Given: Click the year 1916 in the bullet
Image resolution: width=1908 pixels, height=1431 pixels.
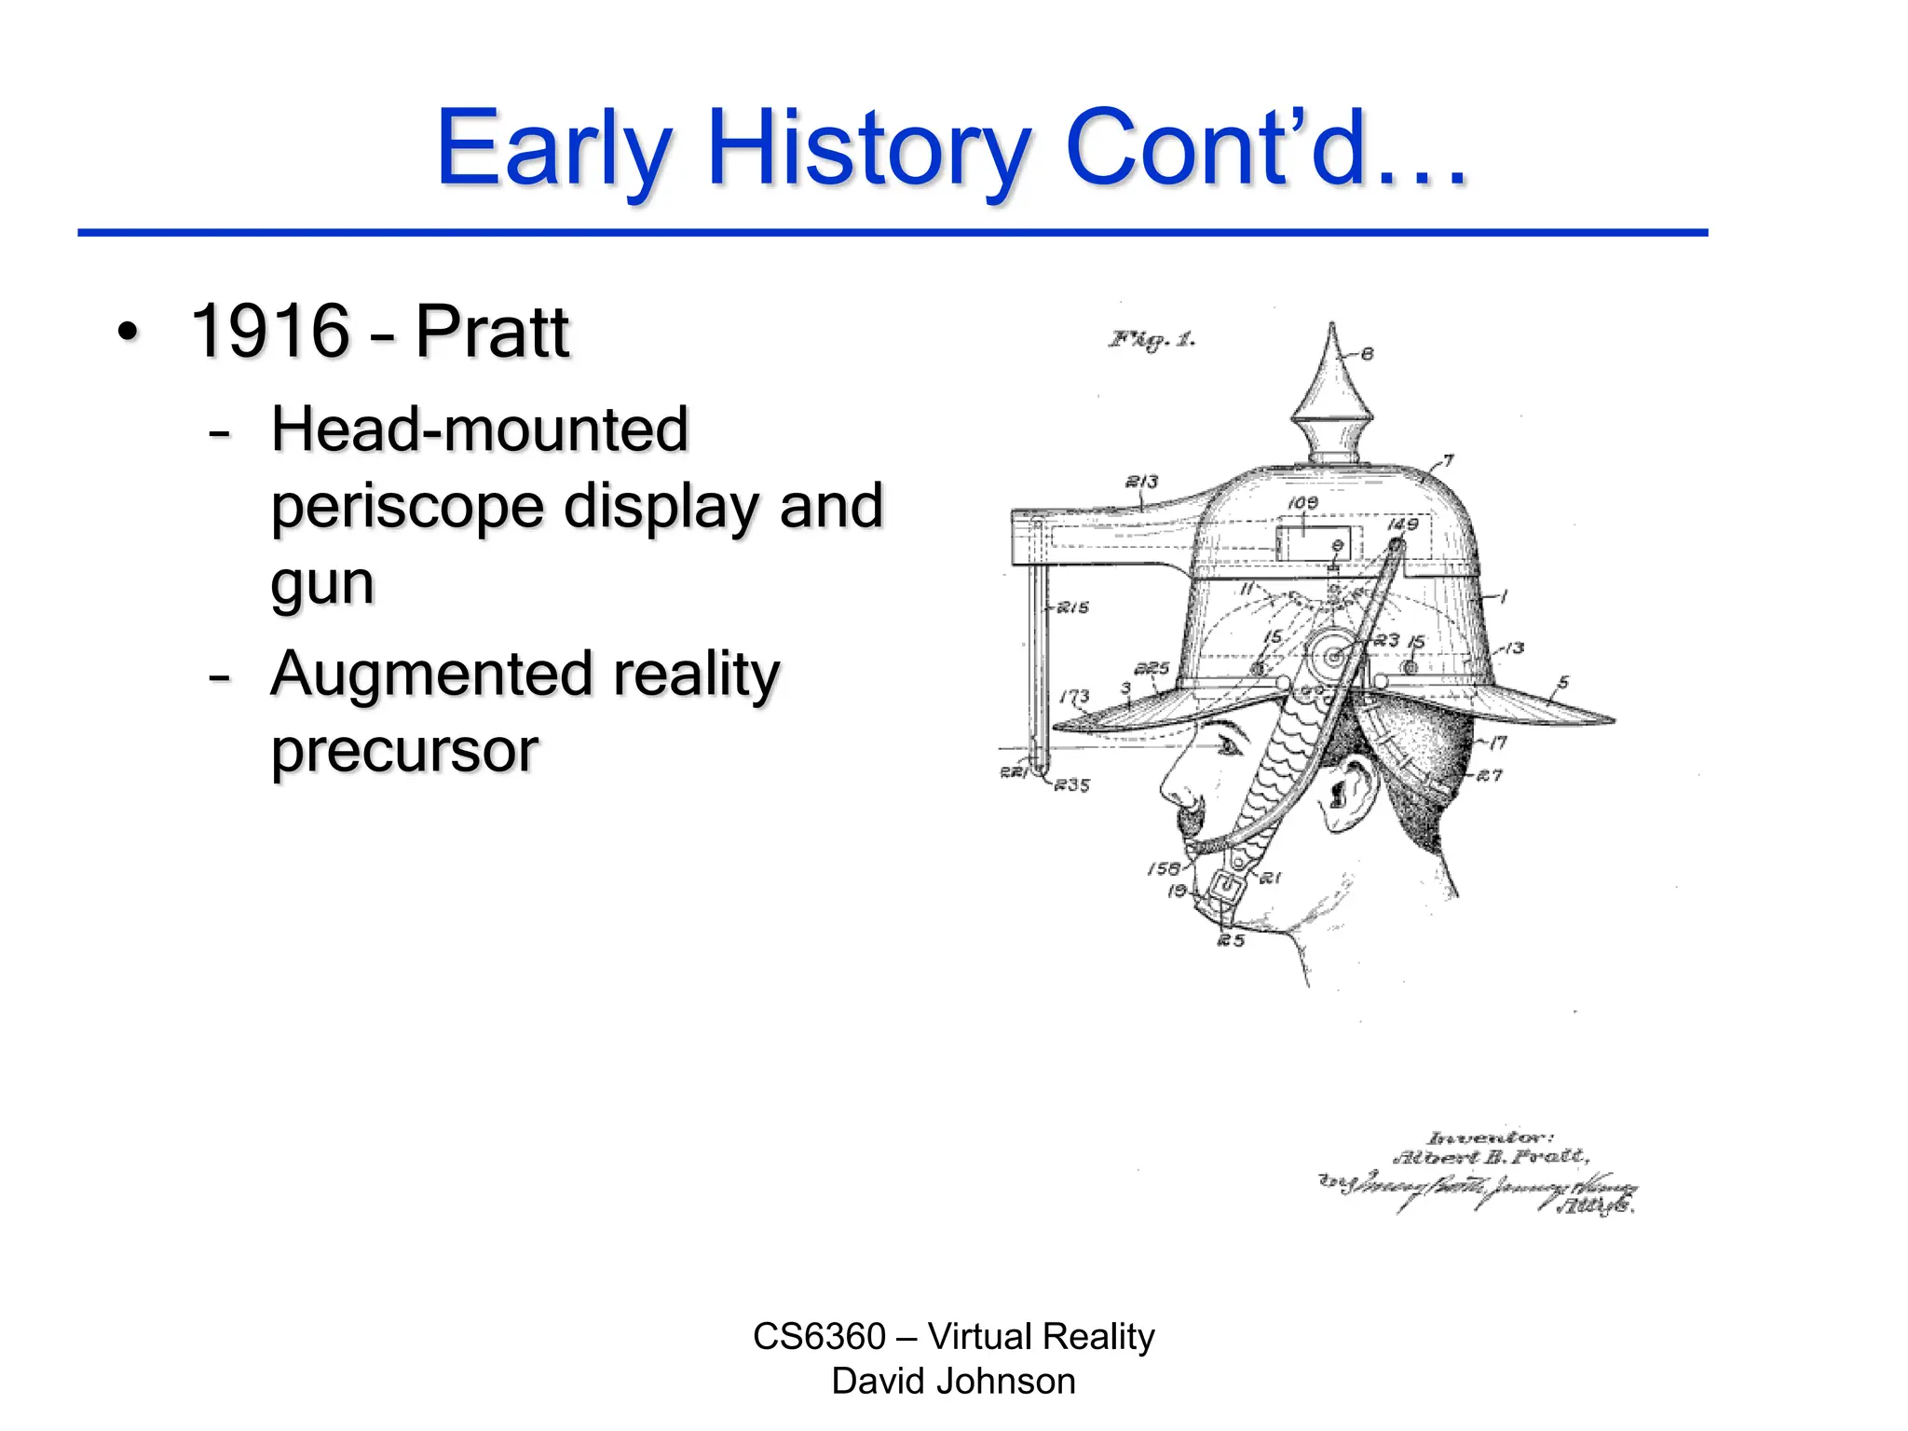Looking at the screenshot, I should pyautogui.click(x=269, y=332).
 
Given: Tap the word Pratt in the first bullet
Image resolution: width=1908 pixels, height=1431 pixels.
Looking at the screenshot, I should pyautogui.click(x=491, y=332).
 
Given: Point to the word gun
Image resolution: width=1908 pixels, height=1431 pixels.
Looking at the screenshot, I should pyautogui.click(x=322, y=585).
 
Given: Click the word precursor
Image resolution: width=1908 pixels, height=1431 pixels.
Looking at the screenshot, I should pyautogui.click(x=404, y=751).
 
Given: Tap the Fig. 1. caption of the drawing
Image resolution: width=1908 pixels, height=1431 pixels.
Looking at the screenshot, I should pyautogui.click(x=1152, y=340).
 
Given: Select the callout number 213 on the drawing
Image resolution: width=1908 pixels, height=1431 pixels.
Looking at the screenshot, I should pyautogui.click(x=1141, y=482).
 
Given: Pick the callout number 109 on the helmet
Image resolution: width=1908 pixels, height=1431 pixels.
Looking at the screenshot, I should pyautogui.click(x=1302, y=503).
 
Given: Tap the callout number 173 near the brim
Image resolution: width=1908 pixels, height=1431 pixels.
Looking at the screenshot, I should pyautogui.click(x=1073, y=696).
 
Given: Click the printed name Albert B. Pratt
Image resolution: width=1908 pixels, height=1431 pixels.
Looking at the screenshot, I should pyautogui.click(x=1490, y=1158).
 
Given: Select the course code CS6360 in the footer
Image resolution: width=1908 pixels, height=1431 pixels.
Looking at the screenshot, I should pyautogui.click(x=819, y=1337).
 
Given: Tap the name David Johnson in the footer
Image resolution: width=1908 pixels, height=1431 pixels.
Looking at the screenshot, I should pyautogui.click(x=953, y=1382).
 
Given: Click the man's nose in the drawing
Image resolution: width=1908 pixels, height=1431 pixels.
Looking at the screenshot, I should pyautogui.click(x=1176, y=787).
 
